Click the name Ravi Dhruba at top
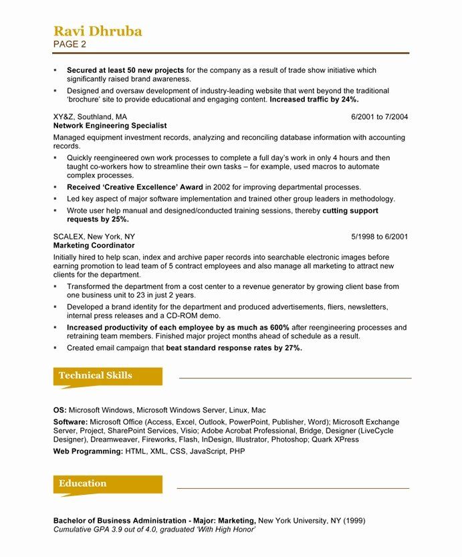point(98,31)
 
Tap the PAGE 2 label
point(70,45)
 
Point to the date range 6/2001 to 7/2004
point(379,116)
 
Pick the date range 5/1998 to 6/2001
point(379,237)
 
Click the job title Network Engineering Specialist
point(110,126)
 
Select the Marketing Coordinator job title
point(94,246)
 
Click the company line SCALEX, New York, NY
point(94,237)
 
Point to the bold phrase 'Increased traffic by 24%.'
point(314,100)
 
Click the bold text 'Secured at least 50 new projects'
point(125,70)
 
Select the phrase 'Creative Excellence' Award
point(135,187)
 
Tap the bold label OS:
point(60,410)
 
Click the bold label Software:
point(70,423)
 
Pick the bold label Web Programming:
point(88,452)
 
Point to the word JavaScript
point(208,452)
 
